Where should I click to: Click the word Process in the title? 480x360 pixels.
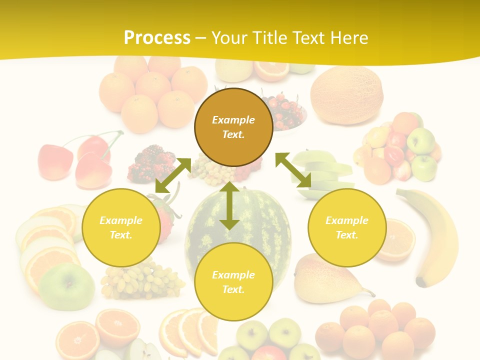(157, 38)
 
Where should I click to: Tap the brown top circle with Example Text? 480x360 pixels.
(233, 127)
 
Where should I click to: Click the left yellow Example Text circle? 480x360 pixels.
(121, 227)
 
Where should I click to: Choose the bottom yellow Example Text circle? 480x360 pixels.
(233, 282)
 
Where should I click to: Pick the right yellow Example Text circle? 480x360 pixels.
(347, 227)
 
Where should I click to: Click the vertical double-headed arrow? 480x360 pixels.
(229, 205)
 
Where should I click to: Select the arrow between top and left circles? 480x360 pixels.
(173, 175)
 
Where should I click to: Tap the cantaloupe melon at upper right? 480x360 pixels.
(346, 95)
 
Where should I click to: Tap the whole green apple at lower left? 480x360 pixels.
(66, 287)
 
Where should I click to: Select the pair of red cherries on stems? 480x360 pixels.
(80, 160)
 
